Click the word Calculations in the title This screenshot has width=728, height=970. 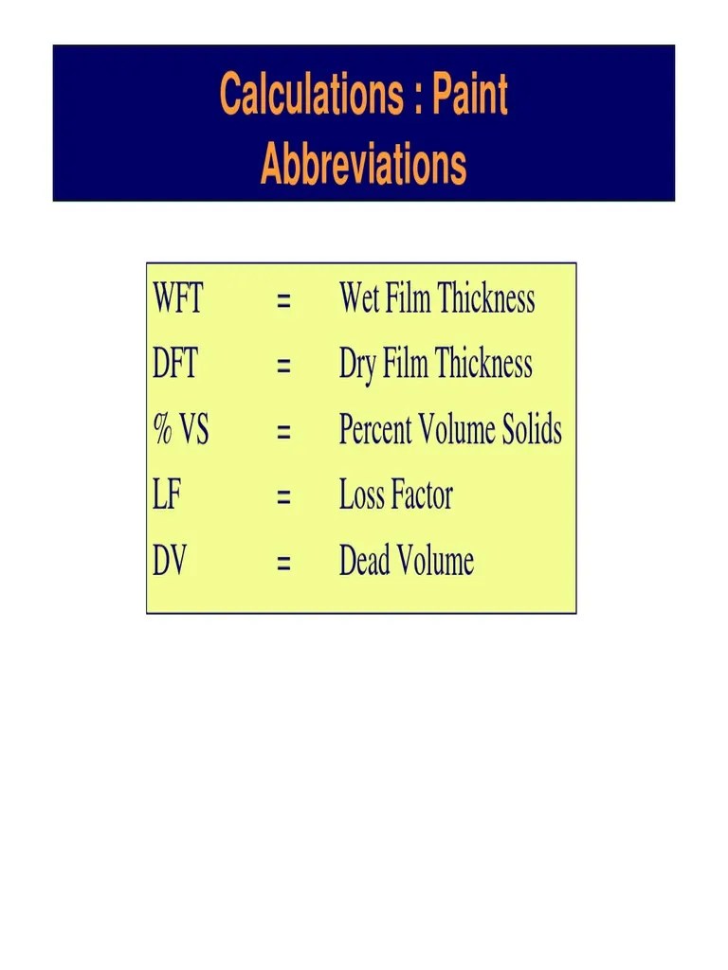tap(308, 95)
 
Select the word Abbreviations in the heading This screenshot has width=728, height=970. tap(363, 165)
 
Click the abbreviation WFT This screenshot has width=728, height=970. tap(177, 300)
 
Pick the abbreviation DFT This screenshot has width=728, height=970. tap(175, 366)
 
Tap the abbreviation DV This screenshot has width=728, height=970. tap(170, 562)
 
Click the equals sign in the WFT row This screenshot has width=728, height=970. tap(282, 302)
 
